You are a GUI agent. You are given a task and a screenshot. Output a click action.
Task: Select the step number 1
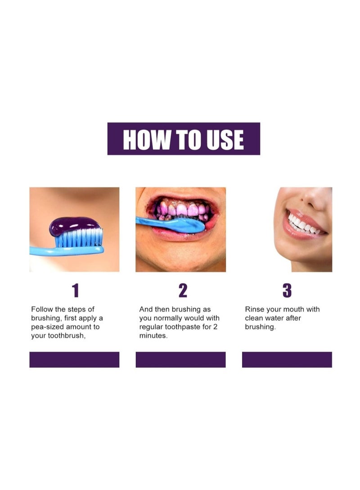(75, 291)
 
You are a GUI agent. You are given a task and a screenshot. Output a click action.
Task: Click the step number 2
(182, 291)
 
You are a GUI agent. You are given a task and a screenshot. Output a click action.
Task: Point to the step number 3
(287, 291)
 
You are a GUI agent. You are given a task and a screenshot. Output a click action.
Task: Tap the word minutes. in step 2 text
(153, 336)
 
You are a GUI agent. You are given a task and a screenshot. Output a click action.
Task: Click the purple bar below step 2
(180, 360)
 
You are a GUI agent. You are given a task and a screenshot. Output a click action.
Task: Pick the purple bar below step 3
(287, 360)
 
